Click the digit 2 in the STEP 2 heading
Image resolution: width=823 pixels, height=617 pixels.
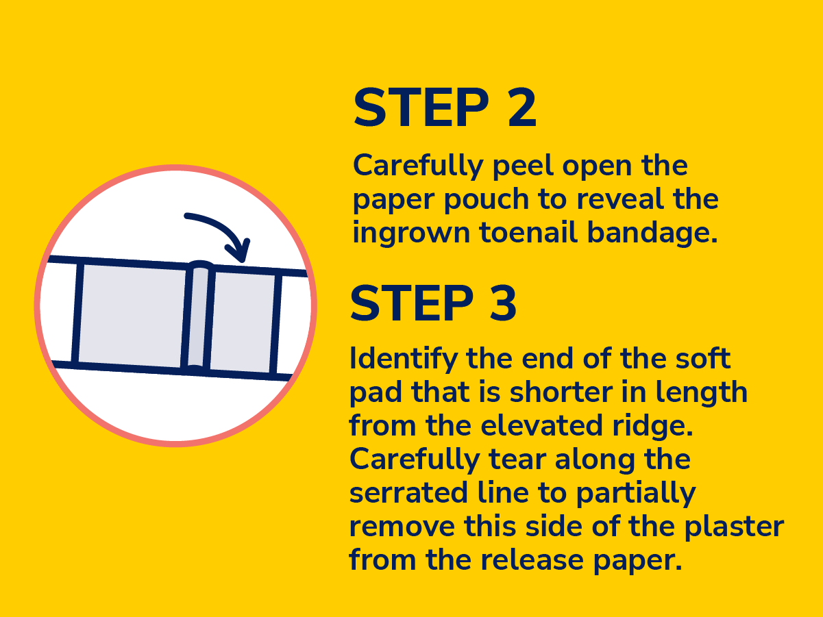(x=522, y=108)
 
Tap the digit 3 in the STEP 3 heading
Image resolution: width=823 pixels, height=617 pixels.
(x=503, y=303)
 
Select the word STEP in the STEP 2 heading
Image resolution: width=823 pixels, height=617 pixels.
(x=421, y=108)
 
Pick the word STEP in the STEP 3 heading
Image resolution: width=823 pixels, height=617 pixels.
(x=412, y=303)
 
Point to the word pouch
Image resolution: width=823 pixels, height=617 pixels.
(x=487, y=200)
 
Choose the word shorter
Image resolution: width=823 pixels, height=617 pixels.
(x=561, y=392)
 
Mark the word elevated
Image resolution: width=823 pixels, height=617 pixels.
(x=541, y=425)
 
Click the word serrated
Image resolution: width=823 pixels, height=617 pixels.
(x=408, y=493)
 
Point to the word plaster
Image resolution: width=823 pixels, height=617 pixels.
(x=734, y=527)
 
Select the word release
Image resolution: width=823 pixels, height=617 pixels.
(x=532, y=560)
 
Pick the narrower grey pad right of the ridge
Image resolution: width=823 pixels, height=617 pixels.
(x=242, y=322)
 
